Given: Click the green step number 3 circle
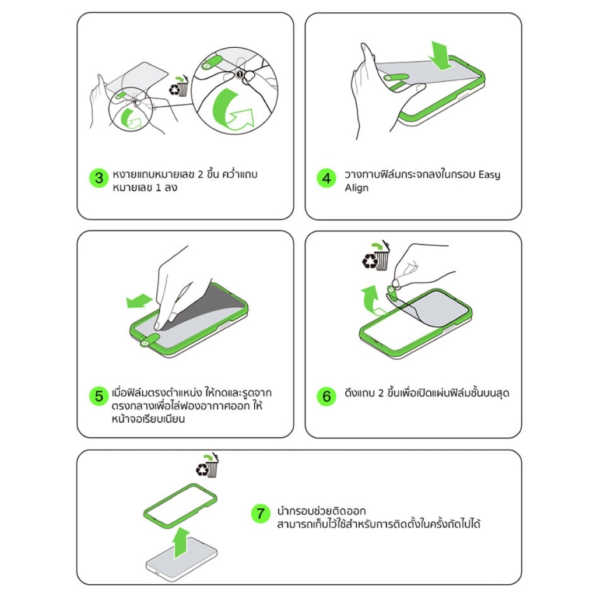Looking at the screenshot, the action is click(99, 178).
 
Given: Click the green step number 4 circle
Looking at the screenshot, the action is click(326, 178).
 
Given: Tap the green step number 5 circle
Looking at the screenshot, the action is click(99, 396).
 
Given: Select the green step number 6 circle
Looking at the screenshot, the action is click(326, 396).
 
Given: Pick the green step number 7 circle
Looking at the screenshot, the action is click(261, 513).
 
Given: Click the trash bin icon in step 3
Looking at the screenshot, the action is click(179, 86).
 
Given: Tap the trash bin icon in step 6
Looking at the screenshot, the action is click(376, 255).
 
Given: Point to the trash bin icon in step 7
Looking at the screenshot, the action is click(208, 465).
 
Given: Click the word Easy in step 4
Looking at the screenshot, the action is click(489, 175).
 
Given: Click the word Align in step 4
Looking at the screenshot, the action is click(356, 188).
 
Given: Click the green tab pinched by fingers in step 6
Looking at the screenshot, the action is click(392, 292).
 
